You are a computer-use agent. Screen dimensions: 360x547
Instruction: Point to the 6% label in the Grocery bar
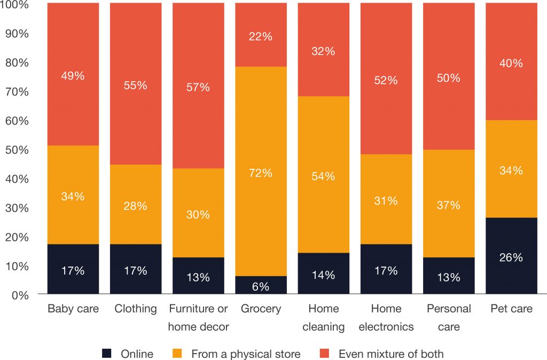[261, 286]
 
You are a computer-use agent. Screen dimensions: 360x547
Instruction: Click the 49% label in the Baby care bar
[73, 76]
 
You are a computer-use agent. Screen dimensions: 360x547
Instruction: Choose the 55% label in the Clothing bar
[135, 85]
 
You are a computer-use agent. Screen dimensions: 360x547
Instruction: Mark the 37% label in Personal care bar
[449, 205]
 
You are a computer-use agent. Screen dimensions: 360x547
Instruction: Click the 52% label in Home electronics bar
[386, 80]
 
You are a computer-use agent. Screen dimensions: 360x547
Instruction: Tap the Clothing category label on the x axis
[135, 309]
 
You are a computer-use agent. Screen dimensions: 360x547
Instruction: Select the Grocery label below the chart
[261, 309]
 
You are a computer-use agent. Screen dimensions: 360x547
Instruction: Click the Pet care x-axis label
[511, 309]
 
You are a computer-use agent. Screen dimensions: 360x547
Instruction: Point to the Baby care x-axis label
[73, 309]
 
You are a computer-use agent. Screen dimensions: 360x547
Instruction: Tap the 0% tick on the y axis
[19, 294]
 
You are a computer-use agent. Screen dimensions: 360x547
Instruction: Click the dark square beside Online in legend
[107, 354]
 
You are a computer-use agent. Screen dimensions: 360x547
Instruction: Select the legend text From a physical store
[246, 354]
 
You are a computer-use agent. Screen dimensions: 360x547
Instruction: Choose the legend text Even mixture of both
[390, 354]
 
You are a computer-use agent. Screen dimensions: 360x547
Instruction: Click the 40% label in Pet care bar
[511, 63]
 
